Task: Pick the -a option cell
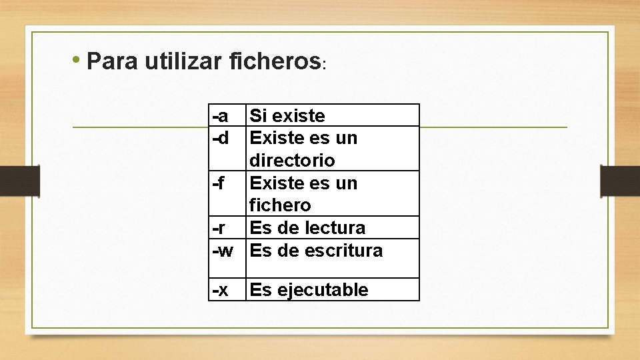(x=221, y=116)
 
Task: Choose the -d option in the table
(x=221, y=138)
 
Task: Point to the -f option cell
(x=219, y=183)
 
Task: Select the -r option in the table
(x=219, y=228)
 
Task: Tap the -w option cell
(x=223, y=251)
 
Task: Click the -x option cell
(x=221, y=290)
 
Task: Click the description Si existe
(x=287, y=116)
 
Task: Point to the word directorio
(x=292, y=161)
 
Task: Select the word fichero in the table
(x=280, y=205)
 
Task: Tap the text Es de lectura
(x=307, y=228)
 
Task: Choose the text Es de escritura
(x=316, y=251)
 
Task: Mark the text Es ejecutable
(x=309, y=290)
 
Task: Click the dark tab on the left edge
(x=19, y=181)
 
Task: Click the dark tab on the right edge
(x=620, y=181)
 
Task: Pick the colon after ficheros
(x=323, y=66)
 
